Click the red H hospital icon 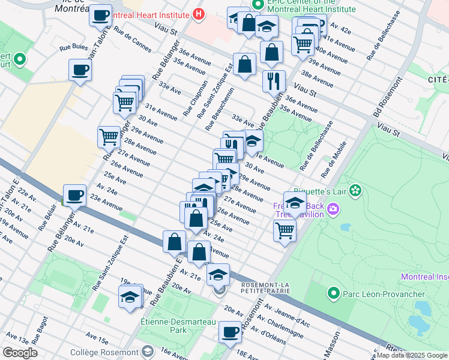pyautogui.click(x=199, y=13)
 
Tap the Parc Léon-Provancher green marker pyautogui.click(x=333, y=293)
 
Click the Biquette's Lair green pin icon pyautogui.click(x=356, y=191)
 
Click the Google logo pyautogui.click(x=20, y=353)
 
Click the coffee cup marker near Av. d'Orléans pyautogui.click(x=229, y=332)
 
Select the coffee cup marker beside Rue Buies pyautogui.click(x=80, y=70)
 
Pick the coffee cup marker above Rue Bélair pyautogui.click(x=74, y=194)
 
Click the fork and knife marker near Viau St pyautogui.click(x=274, y=80)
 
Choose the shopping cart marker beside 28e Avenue pyautogui.click(x=109, y=136)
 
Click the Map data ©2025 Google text pyautogui.click(x=412, y=355)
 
